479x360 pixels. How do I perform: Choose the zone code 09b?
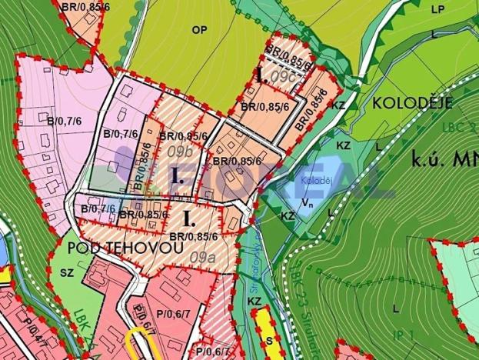pyautogui.click(x=178, y=152)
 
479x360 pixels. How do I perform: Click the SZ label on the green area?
pyautogui.click(x=65, y=273)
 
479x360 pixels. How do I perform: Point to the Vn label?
pyautogui.click(x=308, y=203)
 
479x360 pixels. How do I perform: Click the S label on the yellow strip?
pyautogui.click(x=268, y=338)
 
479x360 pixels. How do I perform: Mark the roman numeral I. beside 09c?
pyautogui.click(x=261, y=76)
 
